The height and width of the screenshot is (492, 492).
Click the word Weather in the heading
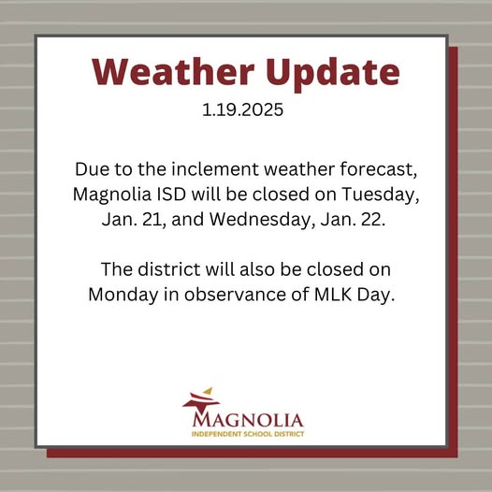click(173, 71)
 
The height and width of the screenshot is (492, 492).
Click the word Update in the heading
click(333, 74)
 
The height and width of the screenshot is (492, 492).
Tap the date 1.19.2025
click(242, 109)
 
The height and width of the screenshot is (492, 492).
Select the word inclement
click(215, 168)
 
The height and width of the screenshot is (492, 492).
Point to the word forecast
click(379, 169)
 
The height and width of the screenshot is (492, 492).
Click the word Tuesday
click(381, 195)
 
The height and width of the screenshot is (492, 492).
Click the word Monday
click(123, 295)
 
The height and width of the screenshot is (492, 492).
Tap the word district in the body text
click(168, 269)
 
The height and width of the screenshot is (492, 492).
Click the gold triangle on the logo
click(208, 391)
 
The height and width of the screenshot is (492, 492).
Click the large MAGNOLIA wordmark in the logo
click(248, 421)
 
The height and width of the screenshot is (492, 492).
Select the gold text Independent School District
click(248, 434)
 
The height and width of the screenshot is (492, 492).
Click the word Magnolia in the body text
click(112, 195)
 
